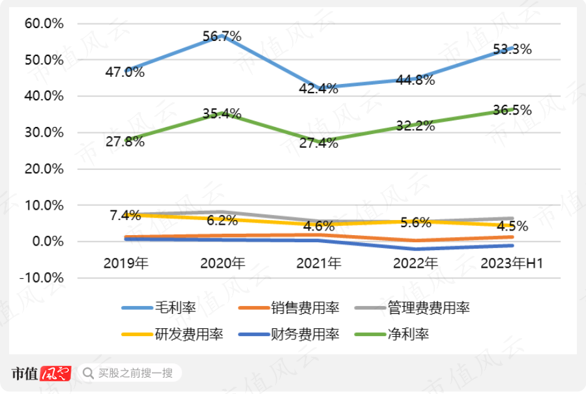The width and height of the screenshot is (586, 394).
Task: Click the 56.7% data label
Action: pos(222,37)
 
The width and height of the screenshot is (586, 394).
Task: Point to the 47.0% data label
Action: pos(125,72)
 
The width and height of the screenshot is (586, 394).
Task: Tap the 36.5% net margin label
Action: pos(512,110)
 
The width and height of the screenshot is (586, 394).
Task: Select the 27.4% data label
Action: pos(319,144)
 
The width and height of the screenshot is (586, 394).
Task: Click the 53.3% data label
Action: pos(512,49)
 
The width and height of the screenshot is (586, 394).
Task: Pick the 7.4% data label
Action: pos(125,214)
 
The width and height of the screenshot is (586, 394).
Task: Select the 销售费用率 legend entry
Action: pos(304,307)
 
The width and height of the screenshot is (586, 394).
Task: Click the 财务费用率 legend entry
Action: pos(304,335)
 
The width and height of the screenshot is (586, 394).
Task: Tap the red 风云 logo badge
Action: pos(55,373)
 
